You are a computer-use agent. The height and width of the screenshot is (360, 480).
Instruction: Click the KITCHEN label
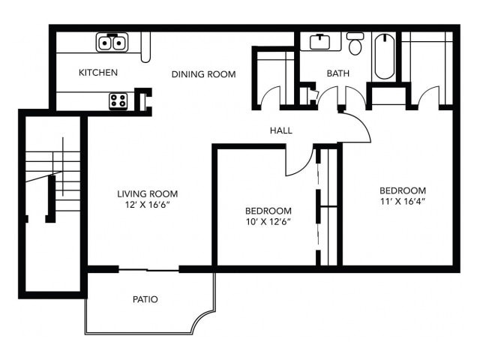point(98,73)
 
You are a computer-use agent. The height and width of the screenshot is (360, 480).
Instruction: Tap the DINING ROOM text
point(203,74)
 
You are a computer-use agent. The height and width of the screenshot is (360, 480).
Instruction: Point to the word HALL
point(281,130)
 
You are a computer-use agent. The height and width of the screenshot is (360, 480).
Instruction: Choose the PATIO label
point(145,299)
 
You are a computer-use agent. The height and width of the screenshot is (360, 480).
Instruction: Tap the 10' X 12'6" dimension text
point(268,221)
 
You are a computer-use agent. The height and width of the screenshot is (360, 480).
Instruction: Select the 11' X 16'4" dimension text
point(402,202)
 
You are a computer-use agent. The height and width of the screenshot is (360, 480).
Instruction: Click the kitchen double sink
point(112,43)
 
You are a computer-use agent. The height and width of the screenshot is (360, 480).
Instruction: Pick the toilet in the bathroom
point(355,44)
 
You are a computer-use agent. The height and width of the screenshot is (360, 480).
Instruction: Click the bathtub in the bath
point(382,55)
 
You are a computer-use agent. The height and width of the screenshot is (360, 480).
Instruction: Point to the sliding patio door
point(148,268)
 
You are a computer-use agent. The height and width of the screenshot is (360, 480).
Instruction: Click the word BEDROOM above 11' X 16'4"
point(402,190)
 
